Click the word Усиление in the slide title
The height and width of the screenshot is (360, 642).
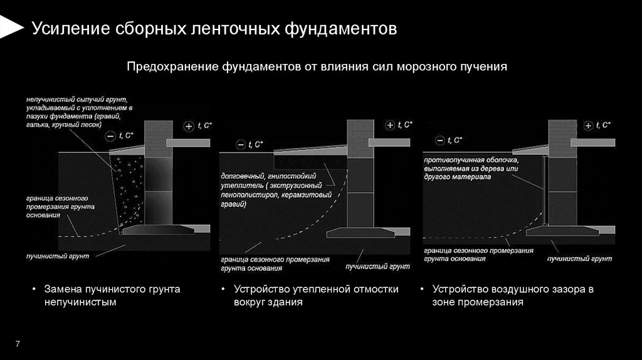click(68, 29)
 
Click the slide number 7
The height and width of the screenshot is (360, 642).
click(18, 343)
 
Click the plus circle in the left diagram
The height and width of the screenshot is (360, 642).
click(189, 126)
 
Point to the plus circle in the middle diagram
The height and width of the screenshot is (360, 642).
click(390, 125)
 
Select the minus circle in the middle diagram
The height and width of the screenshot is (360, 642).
click(240, 145)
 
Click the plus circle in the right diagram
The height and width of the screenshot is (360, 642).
click(588, 126)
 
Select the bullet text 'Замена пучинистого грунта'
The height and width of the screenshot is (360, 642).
click(112, 289)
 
